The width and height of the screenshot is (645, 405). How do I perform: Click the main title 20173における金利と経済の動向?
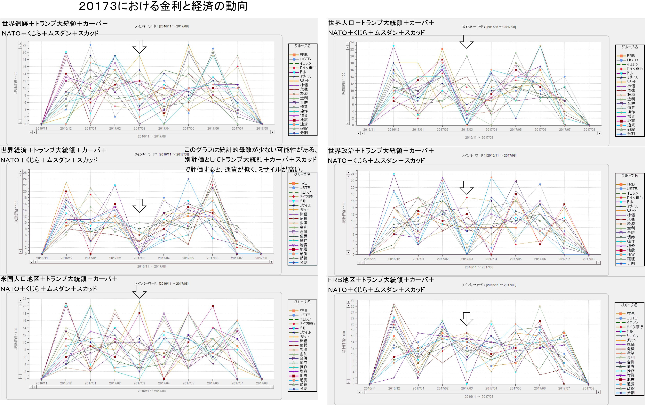[163, 6]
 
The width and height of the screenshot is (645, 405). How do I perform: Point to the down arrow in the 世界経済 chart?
[139, 206]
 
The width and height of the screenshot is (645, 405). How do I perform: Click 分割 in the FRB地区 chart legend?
[630, 393]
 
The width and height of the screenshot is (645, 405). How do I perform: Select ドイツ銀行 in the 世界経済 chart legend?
[307, 196]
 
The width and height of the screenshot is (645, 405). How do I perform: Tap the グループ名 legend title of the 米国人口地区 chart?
[302, 302]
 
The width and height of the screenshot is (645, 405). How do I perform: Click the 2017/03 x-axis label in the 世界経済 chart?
[139, 258]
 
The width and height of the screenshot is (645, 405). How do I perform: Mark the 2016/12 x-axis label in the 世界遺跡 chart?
[66, 129]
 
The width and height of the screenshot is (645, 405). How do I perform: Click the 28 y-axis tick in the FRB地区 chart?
[353, 300]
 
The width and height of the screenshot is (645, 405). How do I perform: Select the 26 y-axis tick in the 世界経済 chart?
[25, 173]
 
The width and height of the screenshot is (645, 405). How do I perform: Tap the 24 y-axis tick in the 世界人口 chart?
[352, 42]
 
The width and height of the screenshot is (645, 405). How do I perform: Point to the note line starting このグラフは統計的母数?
[251, 150]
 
